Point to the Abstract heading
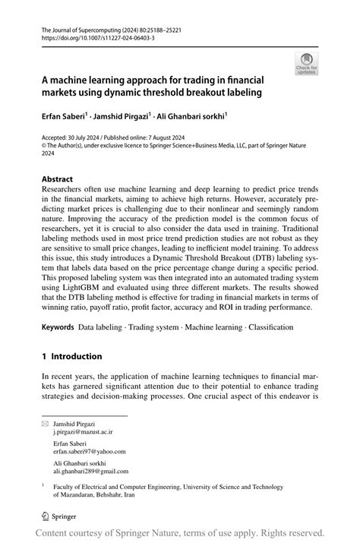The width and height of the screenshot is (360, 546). coord(58,180)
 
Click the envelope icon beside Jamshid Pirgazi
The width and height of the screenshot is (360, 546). coord(45,423)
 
